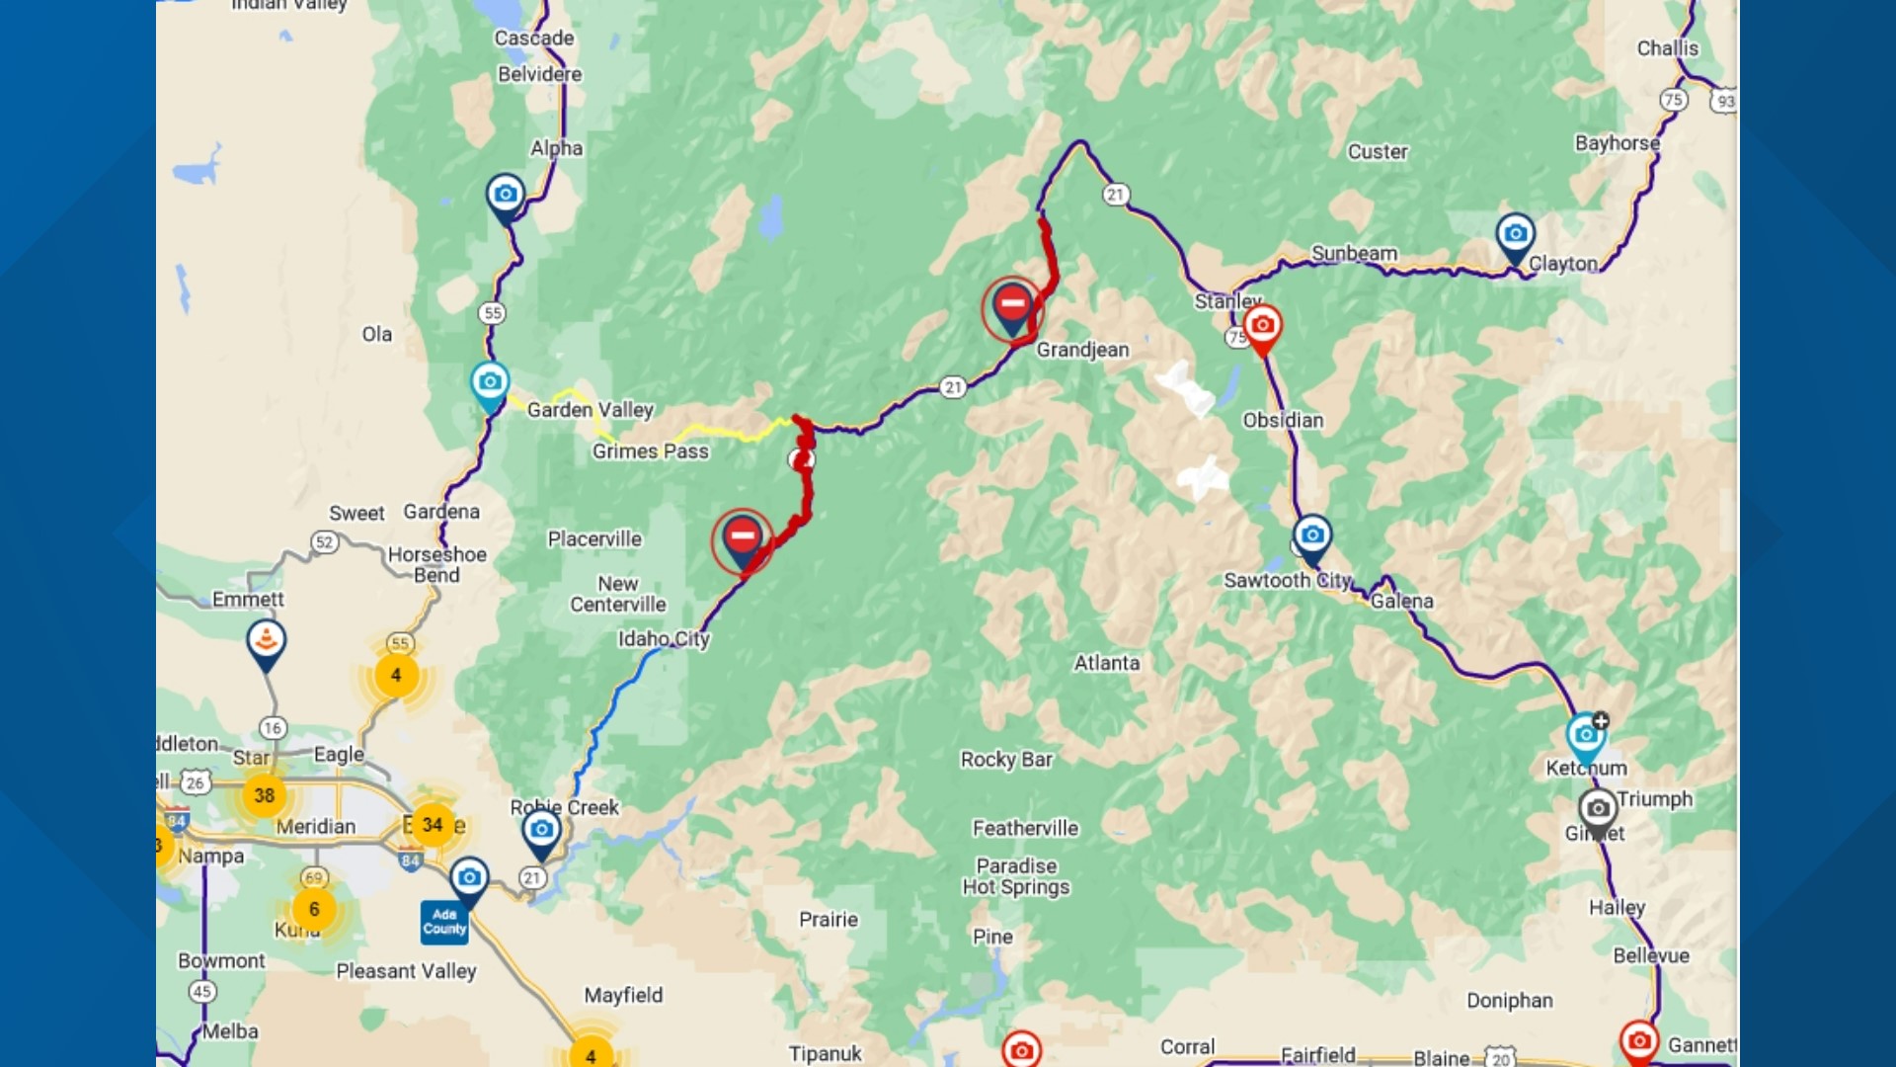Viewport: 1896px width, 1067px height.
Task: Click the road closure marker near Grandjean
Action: [x=1012, y=304]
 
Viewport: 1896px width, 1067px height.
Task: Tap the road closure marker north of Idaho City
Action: [x=742, y=537]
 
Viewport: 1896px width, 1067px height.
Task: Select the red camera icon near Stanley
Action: [x=1262, y=326]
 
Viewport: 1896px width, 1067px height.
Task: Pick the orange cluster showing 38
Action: [x=264, y=795]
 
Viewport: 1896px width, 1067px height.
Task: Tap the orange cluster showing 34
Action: [x=433, y=825]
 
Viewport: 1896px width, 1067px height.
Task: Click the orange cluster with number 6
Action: [x=314, y=909]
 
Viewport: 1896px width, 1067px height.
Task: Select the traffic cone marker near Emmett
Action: [x=266, y=641]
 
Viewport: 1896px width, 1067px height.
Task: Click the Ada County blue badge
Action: [x=444, y=922]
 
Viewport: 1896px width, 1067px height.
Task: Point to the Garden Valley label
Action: [x=590, y=410]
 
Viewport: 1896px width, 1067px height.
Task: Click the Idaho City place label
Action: [x=664, y=639]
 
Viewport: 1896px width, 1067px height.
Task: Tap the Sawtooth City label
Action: [x=1287, y=581]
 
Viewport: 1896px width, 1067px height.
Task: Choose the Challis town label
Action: [x=1667, y=48]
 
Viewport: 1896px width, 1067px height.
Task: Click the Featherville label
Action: [x=1025, y=829]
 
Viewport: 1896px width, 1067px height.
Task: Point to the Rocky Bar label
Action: [x=1006, y=760]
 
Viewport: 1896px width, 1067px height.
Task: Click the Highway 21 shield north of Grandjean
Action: [x=1116, y=195]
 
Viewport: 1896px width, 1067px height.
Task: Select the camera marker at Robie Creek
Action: [x=541, y=831]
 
